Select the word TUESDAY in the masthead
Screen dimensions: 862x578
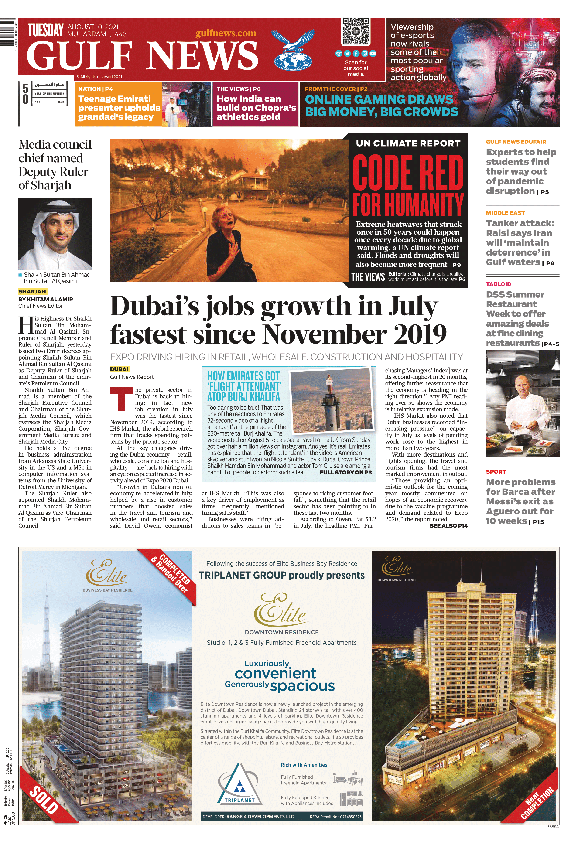point(46,31)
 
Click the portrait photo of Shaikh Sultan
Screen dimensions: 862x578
point(55,233)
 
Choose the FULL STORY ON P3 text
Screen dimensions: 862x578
point(345,473)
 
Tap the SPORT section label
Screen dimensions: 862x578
point(496,472)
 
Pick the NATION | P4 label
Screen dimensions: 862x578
point(95,89)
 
